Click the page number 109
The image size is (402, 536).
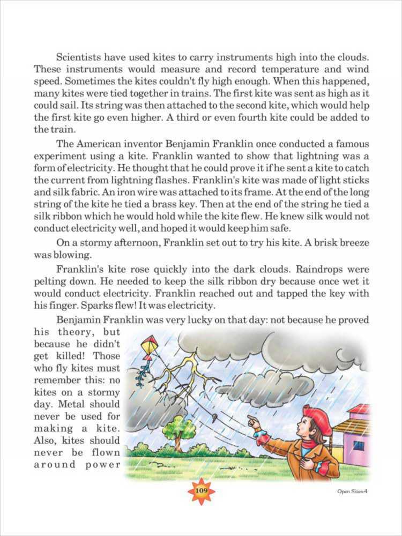click(x=201, y=491)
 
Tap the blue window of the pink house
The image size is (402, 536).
click(x=359, y=445)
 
